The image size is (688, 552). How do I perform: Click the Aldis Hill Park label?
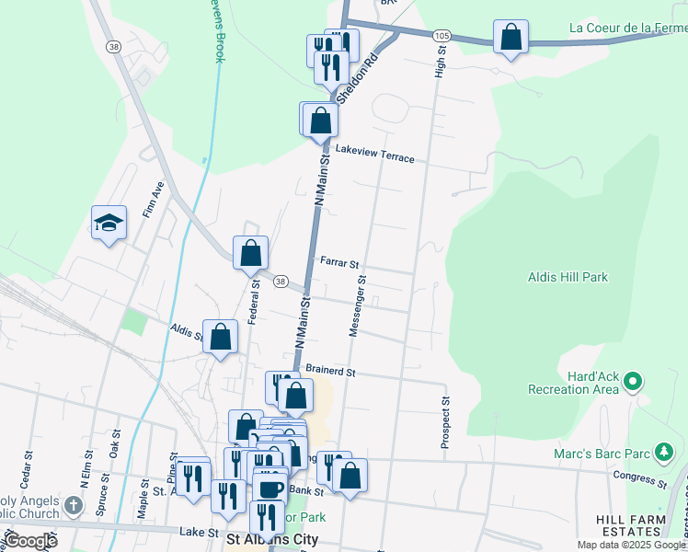(x=568, y=277)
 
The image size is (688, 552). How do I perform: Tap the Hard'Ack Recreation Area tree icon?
(x=633, y=380)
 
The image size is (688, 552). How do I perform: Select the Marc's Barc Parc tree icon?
(x=663, y=451)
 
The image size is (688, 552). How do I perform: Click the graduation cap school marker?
(x=109, y=222)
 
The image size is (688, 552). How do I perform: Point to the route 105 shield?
(x=442, y=35)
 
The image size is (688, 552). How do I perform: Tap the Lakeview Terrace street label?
(x=375, y=154)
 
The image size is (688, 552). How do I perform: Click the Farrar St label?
(x=339, y=262)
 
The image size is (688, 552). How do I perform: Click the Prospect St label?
(x=444, y=422)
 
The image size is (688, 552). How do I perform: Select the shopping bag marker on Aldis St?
(x=221, y=337)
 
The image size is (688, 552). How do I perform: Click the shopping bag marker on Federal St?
(x=250, y=252)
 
